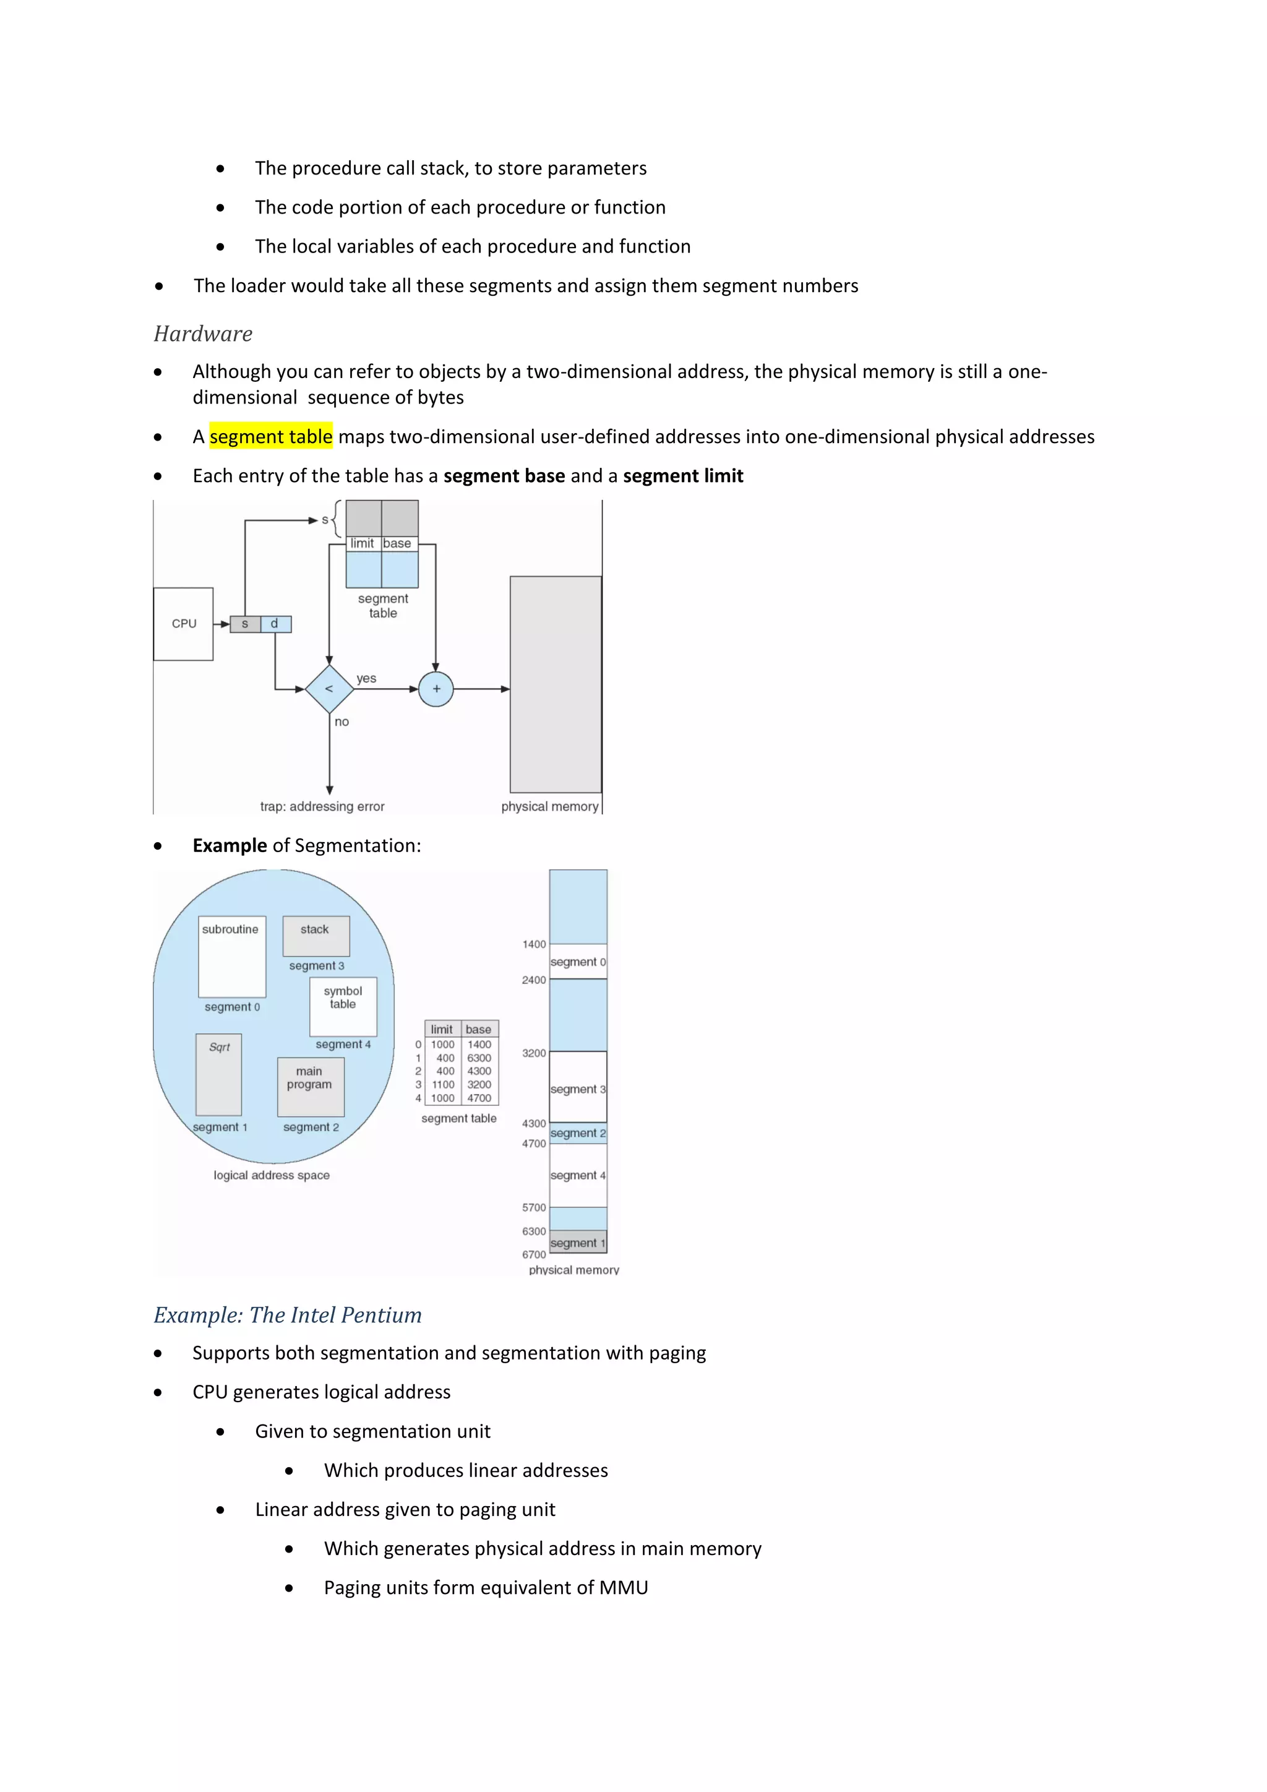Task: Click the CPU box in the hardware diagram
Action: click(x=183, y=624)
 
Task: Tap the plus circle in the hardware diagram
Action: click(x=436, y=689)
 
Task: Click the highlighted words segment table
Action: click(x=271, y=436)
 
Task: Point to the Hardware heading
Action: click(x=203, y=334)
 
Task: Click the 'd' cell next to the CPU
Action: click(x=275, y=624)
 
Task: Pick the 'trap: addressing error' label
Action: click(x=322, y=806)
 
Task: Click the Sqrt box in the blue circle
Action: click(x=219, y=1074)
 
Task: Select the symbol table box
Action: click(x=343, y=1006)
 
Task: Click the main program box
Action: click(x=311, y=1087)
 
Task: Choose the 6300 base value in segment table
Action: click(x=479, y=1058)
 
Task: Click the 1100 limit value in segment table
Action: click(x=443, y=1085)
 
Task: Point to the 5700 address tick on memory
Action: click(x=535, y=1207)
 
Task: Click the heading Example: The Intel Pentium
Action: click(x=287, y=1315)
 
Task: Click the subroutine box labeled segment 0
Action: click(x=232, y=957)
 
